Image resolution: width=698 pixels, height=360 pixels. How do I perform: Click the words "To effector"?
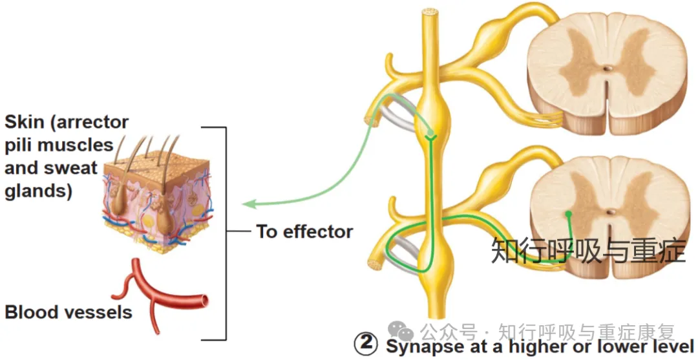pos(304,232)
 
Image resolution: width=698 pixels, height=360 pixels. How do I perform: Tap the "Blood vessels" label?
pos(69,312)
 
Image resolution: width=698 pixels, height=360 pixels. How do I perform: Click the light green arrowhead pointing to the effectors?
pos(248,204)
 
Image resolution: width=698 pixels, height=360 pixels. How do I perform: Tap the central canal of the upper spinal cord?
pos(607,69)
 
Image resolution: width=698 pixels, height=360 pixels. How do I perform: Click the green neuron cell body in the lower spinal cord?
pos(569,214)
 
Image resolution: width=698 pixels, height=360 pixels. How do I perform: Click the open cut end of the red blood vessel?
pos(204,301)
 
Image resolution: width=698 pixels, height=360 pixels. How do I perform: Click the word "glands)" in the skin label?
pos(38,192)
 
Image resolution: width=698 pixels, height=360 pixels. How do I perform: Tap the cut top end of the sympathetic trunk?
pos(430,12)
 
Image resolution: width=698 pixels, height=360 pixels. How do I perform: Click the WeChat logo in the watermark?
pos(401,332)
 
